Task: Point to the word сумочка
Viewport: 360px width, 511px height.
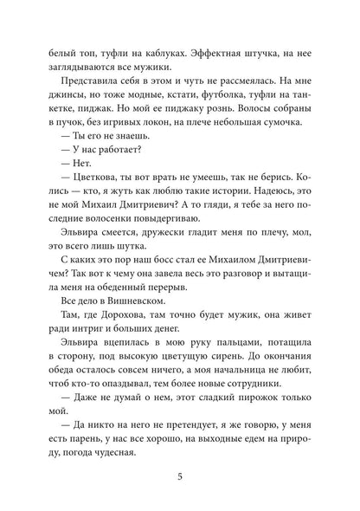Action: tap(280, 134)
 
